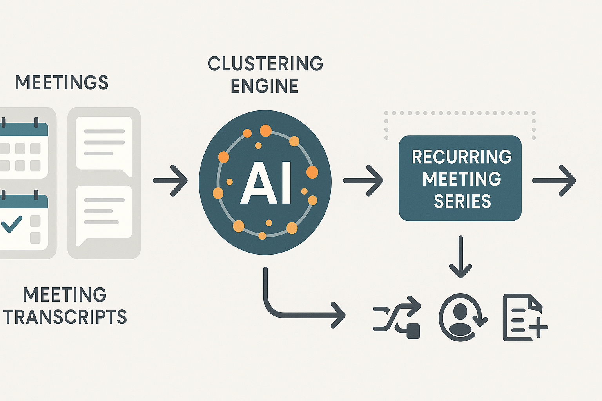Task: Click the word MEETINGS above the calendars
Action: point(62,83)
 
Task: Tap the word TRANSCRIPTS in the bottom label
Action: point(65,317)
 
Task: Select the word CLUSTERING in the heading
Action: point(265,64)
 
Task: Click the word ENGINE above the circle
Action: point(265,86)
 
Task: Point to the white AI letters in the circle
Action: point(266,183)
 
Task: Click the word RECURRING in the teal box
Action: point(462,157)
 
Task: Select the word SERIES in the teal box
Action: point(462,201)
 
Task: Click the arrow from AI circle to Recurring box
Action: point(363,181)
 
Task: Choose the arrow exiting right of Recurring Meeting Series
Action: point(554,181)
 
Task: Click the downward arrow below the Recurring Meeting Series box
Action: point(461,256)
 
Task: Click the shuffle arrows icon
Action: point(397,317)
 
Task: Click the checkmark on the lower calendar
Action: point(12,224)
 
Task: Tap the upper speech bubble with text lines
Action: point(104,143)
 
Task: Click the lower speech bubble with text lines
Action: point(104,213)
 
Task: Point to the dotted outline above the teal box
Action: point(460,113)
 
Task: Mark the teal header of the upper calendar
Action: point(24,129)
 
